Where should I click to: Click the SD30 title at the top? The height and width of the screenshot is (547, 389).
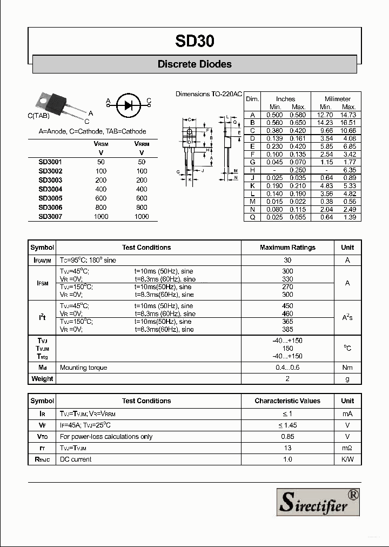(x=194, y=41)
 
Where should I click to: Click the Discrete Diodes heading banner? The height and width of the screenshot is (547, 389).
(x=194, y=64)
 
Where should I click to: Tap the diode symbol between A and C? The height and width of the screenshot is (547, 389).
(x=128, y=105)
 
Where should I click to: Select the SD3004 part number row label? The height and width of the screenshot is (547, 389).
(x=50, y=189)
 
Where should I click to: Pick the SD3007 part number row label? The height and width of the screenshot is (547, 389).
(x=50, y=216)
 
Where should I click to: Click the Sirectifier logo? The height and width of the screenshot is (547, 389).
(x=318, y=501)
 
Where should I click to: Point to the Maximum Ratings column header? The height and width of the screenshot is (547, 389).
(x=287, y=248)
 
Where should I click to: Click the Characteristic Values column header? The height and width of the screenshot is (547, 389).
(x=287, y=401)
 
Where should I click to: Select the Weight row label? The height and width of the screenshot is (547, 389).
(x=42, y=379)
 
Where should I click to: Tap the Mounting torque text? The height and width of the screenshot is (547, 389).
(x=83, y=368)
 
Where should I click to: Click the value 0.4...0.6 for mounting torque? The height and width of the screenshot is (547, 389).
(x=287, y=368)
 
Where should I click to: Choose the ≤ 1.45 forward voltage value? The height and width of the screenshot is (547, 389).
(x=287, y=425)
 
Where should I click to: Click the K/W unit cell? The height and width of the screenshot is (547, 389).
(x=347, y=459)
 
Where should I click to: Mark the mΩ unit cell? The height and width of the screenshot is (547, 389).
(x=347, y=448)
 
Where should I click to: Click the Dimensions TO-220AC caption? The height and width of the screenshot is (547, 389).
(x=209, y=94)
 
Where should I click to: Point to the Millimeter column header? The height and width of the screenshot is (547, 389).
(x=338, y=99)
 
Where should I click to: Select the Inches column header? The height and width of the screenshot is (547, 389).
(x=286, y=99)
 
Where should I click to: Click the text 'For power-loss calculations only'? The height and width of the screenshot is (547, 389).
(x=106, y=437)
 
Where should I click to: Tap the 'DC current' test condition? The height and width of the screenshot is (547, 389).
(x=76, y=459)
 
